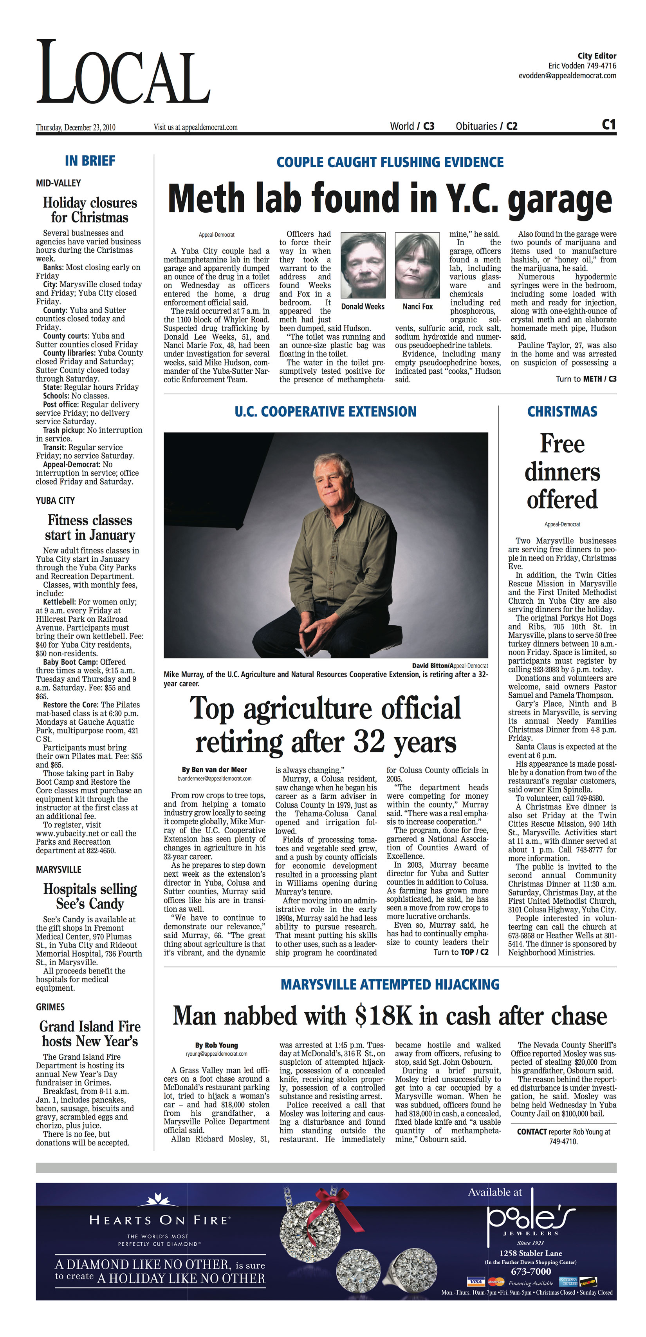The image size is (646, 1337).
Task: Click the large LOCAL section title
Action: [x=123, y=72]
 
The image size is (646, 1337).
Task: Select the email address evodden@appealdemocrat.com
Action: [x=567, y=76]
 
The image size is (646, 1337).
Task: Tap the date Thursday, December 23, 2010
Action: [x=76, y=127]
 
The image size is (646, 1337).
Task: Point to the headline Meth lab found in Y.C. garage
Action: [x=390, y=199]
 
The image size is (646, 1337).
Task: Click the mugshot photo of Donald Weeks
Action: [x=363, y=265]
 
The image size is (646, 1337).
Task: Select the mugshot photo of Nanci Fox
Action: [x=417, y=265]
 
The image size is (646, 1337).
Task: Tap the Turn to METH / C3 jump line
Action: [x=586, y=379]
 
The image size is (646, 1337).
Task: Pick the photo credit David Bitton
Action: [x=430, y=666]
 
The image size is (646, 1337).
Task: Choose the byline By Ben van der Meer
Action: [x=214, y=770]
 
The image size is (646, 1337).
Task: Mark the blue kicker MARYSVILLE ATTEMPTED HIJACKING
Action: [x=390, y=984]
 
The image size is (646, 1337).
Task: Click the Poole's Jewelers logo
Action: [x=530, y=1217]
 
